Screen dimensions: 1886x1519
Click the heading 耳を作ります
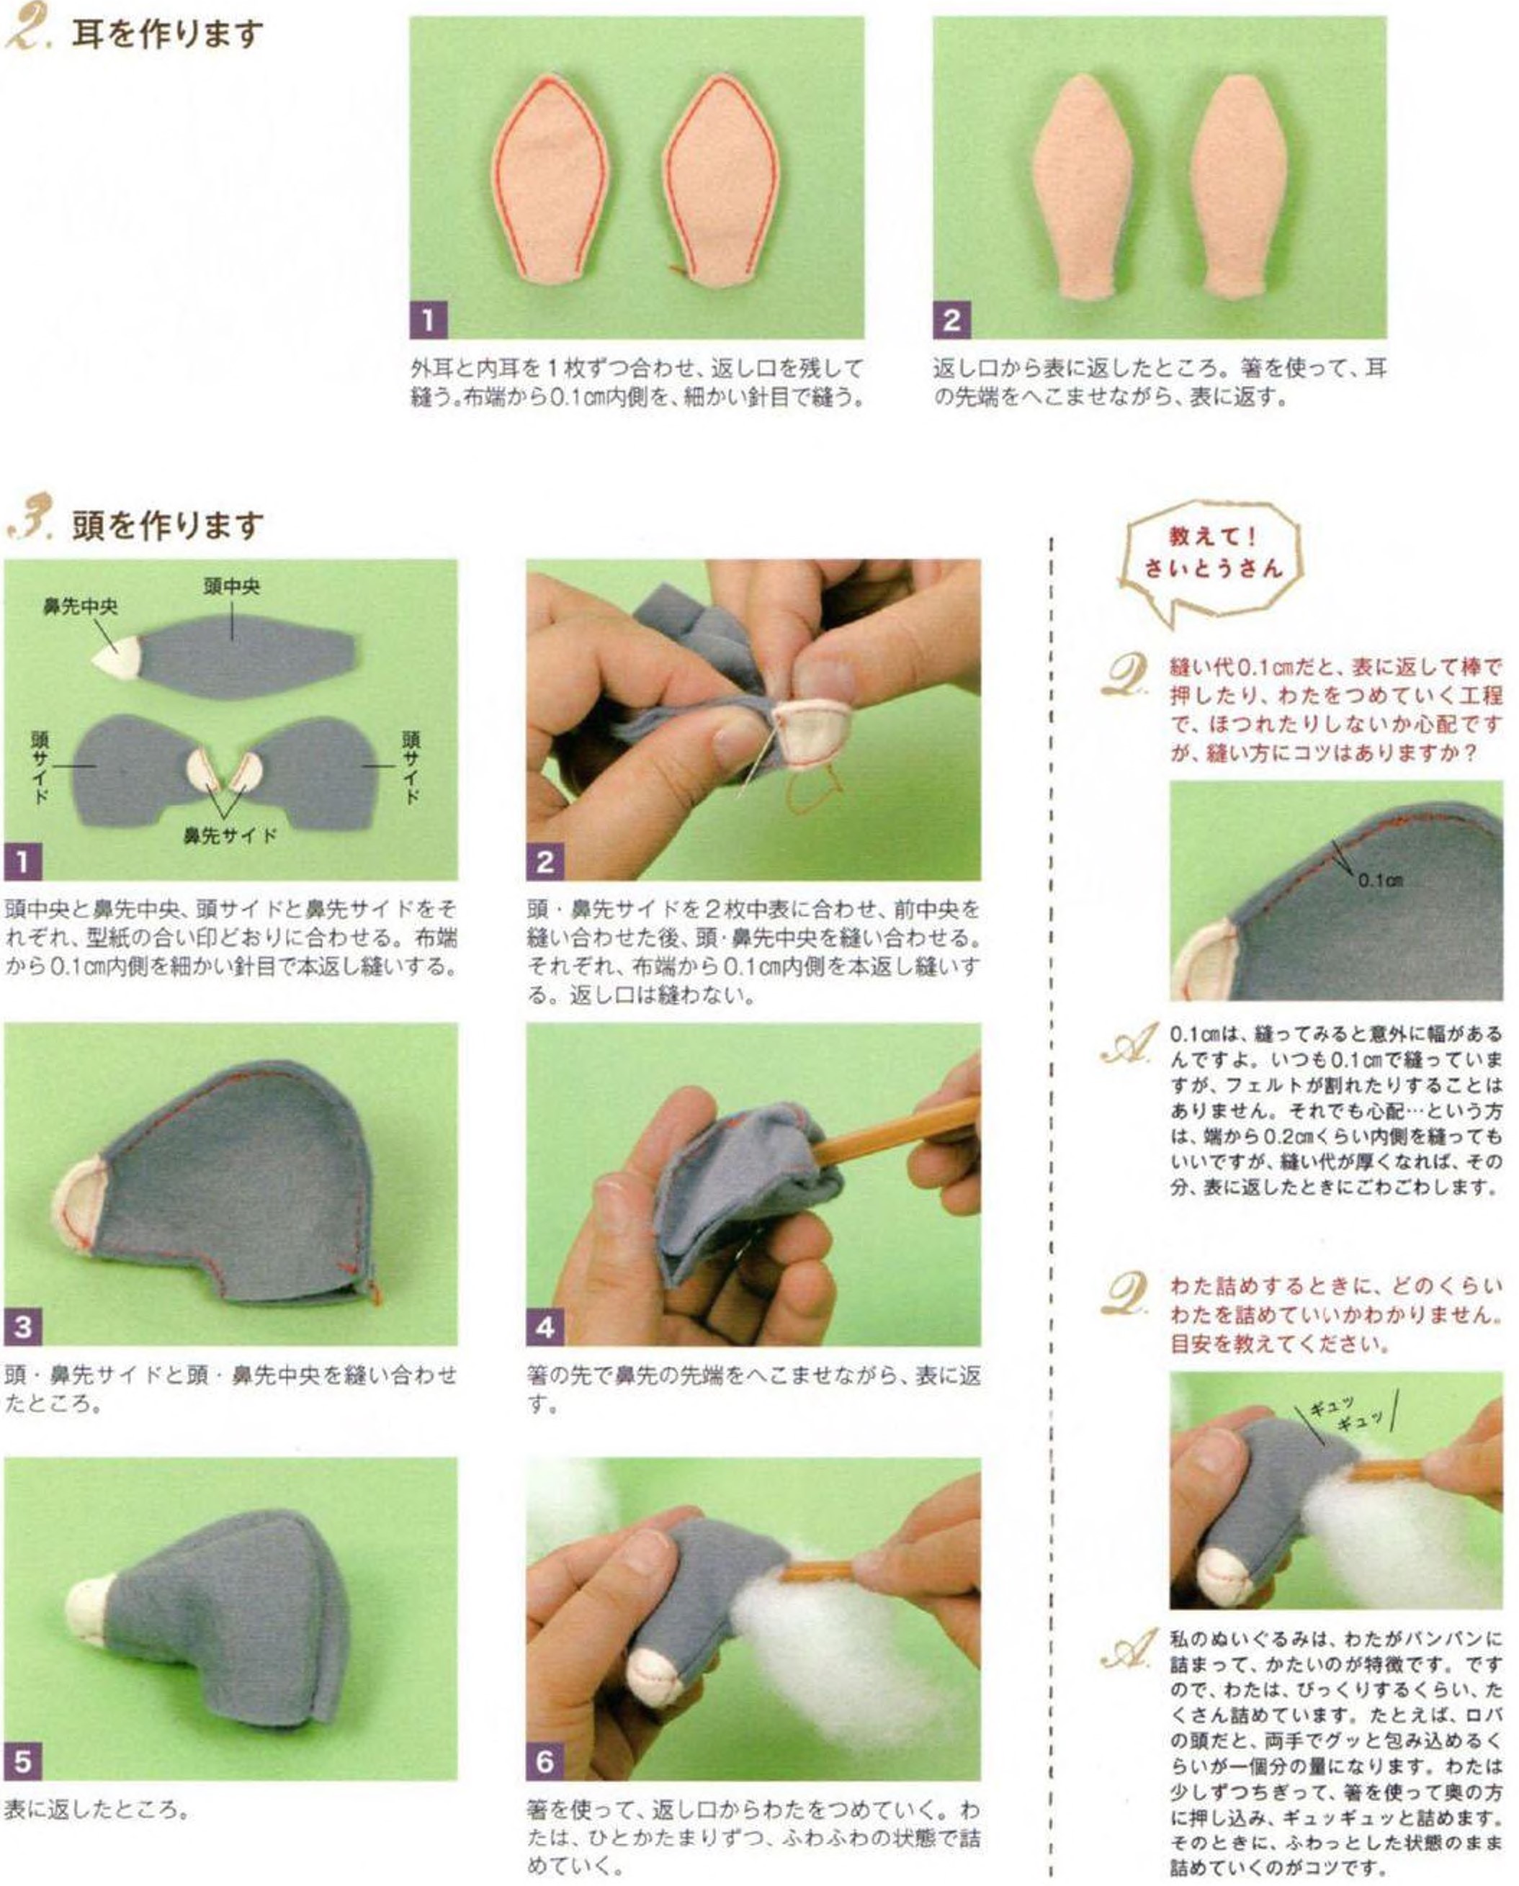coord(166,35)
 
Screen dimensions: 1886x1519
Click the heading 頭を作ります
coord(166,525)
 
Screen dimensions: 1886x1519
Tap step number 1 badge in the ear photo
coord(428,320)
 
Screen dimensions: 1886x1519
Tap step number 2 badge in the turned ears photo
coord(951,320)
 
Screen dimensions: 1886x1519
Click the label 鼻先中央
coord(80,606)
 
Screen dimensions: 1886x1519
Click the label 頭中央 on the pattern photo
coord(231,586)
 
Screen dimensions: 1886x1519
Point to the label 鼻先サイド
coord(229,835)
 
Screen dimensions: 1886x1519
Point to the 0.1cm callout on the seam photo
coord(1380,880)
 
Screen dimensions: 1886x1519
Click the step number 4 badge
coord(545,1327)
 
